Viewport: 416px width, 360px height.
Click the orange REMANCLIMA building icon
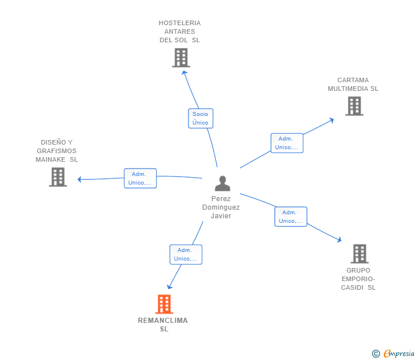click(164, 304)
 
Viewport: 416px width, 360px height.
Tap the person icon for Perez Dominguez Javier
click(223, 183)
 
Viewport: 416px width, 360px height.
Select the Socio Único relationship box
click(201, 118)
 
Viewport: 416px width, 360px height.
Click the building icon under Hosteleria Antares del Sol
click(181, 58)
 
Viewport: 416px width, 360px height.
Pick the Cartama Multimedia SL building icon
click(354, 106)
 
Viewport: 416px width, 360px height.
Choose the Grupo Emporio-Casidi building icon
click(360, 254)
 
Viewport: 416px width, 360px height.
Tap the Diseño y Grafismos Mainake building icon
click(58, 177)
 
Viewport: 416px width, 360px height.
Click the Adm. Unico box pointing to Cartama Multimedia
click(287, 143)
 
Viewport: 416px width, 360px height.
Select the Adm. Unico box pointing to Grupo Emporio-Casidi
click(291, 217)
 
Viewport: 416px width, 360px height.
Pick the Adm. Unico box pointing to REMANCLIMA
click(186, 254)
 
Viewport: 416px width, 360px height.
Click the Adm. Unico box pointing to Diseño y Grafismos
click(141, 178)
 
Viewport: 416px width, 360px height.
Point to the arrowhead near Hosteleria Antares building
click(184, 73)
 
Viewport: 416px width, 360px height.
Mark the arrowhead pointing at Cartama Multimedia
click(331, 121)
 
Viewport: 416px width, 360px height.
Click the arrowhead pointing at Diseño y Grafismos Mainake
click(79, 179)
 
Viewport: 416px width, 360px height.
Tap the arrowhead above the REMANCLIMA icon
click(169, 287)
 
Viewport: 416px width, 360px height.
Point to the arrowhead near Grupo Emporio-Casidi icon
click(339, 239)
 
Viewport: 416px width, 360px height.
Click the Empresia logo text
click(399, 353)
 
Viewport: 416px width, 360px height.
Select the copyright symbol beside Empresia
click(376, 354)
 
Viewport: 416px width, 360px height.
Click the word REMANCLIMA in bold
click(163, 321)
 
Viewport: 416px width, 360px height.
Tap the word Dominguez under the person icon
click(221, 207)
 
